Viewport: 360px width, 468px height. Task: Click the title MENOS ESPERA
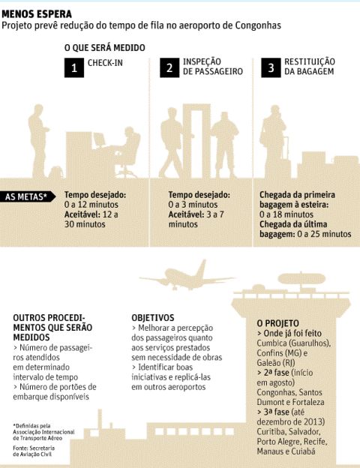click(37, 13)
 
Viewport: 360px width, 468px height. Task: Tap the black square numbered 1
click(74, 67)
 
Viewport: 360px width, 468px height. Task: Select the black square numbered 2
click(169, 67)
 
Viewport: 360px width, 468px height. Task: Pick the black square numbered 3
click(271, 67)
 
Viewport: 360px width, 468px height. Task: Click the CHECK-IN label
click(105, 63)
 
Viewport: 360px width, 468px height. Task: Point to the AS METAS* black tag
click(28, 196)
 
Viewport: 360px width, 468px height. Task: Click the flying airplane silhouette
click(187, 276)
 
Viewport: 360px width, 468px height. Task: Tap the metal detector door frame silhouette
click(196, 141)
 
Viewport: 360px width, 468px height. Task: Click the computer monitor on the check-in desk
click(100, 139)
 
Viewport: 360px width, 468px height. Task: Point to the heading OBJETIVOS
click(153, 317)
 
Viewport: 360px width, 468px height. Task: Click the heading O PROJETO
click(277, 323)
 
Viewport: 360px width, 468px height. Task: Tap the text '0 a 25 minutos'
click(324, 234)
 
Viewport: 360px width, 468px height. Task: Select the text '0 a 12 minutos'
click(91, 205)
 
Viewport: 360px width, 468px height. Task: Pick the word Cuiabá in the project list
click(303, 451)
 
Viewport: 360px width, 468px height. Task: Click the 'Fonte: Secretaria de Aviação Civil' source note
click(34, 451)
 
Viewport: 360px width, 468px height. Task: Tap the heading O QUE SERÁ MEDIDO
click(105, 48)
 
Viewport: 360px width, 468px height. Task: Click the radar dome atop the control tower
click(301, 279)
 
